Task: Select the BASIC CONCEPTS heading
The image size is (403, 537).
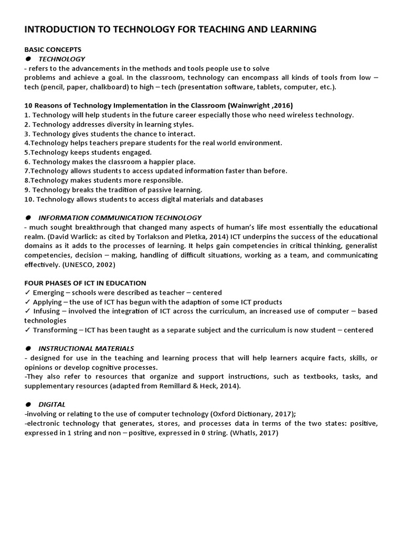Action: click(53, 49)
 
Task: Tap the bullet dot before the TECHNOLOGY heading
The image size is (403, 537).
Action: click(28, 59)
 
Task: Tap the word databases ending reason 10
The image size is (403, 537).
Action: click(245, 199)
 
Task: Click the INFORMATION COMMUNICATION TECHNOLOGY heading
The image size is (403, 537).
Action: click(120, 218)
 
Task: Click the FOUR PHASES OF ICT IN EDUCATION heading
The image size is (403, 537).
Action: click(85, 283)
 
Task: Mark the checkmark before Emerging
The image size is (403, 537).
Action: click(27, 293)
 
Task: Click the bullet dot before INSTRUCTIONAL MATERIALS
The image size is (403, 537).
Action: click(28, 349)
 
